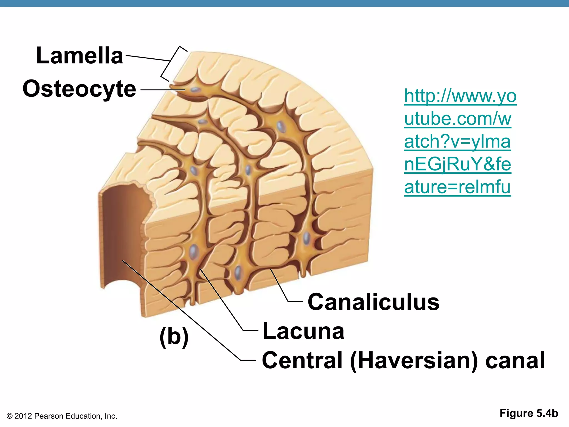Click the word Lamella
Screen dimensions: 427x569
coord(79,56)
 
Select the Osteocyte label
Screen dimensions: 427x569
coord(79,89)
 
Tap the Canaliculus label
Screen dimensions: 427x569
coord(373,302)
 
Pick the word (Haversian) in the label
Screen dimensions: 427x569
coord(415,361)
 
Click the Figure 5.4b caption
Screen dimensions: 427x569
coord(529,413)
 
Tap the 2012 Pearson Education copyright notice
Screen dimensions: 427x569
coord(62,416)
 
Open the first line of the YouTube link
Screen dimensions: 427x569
coord(460,96)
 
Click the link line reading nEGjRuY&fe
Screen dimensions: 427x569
coord(457,164)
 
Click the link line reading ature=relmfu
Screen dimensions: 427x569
coord(457,187)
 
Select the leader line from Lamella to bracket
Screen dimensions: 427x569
coord(147,58)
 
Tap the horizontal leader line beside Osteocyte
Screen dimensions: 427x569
coord(163,90)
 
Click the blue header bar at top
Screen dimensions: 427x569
coord(284,3)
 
